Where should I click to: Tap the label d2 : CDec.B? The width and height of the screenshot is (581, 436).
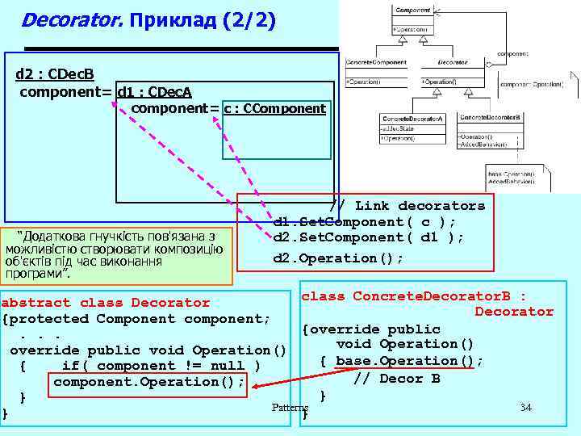(55, 75)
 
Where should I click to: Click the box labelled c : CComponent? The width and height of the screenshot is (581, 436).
(275, 109)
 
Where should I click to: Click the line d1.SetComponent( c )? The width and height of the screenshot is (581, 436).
(365, 222)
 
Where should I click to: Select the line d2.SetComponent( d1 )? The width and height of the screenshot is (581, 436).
(369, 237)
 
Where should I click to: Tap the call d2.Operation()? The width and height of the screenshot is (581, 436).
(338, 258)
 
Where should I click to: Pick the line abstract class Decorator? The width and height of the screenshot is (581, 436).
(106, 303)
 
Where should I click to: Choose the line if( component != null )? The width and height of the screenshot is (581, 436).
(161, 366)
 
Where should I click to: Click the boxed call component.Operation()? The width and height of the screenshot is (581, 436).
(149, 382)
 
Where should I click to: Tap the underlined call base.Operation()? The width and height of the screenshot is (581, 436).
(409, 361)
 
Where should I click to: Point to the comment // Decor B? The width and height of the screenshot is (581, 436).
(397, 378)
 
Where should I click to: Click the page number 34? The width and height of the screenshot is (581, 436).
(525, 407)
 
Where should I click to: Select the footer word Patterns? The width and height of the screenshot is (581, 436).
(290, 408)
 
